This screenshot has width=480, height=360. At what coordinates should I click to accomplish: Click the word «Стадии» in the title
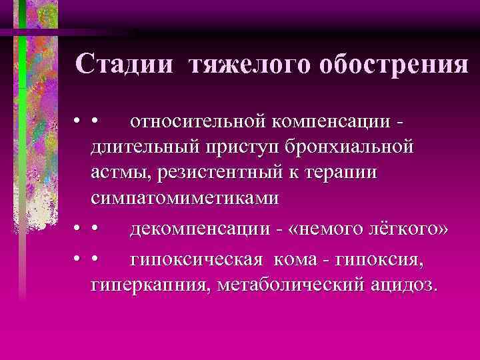click(x=126, y=65)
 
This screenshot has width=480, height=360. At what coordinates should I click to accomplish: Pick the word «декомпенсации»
click(x=199, y=230)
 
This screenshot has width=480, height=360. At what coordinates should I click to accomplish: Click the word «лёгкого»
click(x=405, y=230)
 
